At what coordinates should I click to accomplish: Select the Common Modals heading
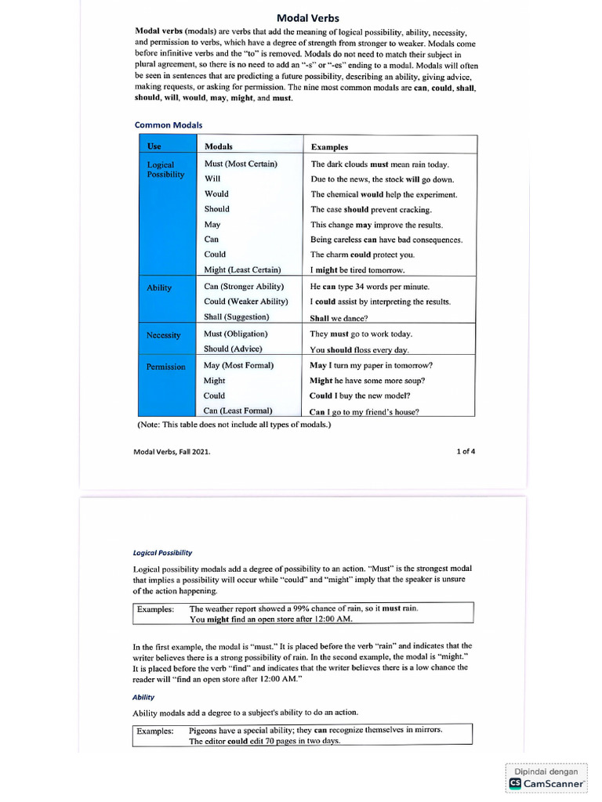pos(169,125)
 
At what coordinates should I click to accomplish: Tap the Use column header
pos(154,146)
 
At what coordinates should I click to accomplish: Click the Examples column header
pos(329,146)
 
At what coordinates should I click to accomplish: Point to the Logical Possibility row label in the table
pos(165,170)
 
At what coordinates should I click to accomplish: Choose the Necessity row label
pos(164,335)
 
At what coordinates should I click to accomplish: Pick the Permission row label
pos(166,367)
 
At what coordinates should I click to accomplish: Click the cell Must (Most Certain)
pos(241,164)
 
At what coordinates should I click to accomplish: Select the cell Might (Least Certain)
pos(242,269)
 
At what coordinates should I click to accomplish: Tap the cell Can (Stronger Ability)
pos(244,287)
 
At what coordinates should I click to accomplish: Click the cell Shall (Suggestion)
pos(236,316)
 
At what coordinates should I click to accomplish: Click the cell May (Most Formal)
pos(238,365)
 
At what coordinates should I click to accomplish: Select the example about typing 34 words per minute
pos(370,287)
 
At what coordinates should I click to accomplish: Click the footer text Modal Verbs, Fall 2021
pos(172,452)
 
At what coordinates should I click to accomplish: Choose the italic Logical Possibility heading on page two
pos(162,552)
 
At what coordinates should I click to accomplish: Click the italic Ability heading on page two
pos(143,696)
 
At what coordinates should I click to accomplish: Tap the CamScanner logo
pos(546,782)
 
